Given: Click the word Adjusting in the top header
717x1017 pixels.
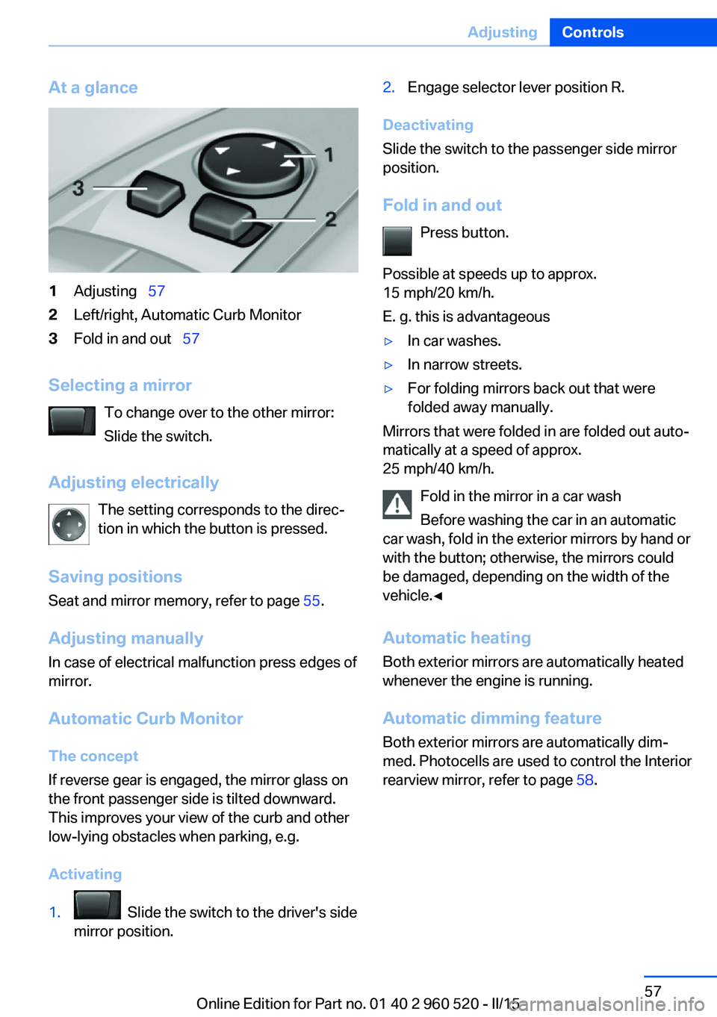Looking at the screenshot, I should (x=502, y=32).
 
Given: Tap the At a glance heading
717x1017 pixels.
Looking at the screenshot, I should (x=93, y=87).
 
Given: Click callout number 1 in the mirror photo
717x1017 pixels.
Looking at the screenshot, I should (x=329, y=155).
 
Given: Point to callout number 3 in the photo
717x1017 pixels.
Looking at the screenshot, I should (x=78, y=188).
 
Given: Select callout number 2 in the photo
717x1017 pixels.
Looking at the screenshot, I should (x=331, y=219).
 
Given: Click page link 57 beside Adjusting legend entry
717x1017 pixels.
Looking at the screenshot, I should (x=156, y=291).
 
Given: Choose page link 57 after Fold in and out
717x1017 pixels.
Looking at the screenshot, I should (x=190, y=339).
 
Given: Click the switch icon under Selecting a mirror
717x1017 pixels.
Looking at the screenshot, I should (x=72, y=420).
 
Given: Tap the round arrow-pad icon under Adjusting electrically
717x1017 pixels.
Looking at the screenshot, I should (x=69, y=524).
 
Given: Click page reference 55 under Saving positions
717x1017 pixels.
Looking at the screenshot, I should (x=311, y=601).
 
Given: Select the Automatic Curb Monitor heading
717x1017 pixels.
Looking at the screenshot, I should (x=146, y=718).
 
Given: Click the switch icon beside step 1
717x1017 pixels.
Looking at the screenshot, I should (x=97, y=905).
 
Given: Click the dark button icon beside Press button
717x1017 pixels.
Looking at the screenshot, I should (x=397, y=241).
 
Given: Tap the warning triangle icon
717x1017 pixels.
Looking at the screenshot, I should (x=397, y=505).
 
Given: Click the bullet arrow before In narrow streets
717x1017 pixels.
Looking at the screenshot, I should (x=388, y=365).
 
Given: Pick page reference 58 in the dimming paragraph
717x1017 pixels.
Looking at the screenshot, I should (x=585, y=780).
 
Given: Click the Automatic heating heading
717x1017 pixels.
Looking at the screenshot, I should (x=456, y=638).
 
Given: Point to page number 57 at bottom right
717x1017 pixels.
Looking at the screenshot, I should (x=653, y=991).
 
